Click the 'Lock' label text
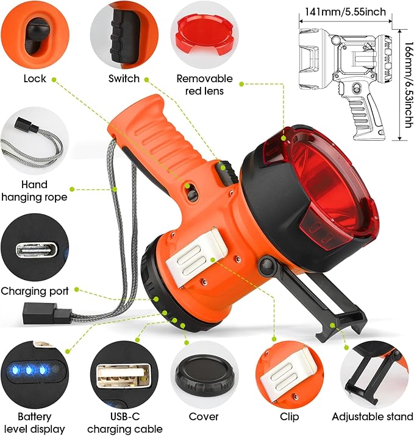(x=34, y=78)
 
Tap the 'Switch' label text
(x=124, y=78)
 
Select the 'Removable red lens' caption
(x=204, y=85)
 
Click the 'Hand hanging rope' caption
(x=34, y=190)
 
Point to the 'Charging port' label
(x=35, y=290)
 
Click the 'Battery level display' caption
(x=34, y=423)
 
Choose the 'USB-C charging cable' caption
(x=126, y=423)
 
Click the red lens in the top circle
(x=204, y=38)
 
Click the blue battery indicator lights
(x=32, y=370)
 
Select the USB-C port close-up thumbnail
(x=34, y=250)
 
